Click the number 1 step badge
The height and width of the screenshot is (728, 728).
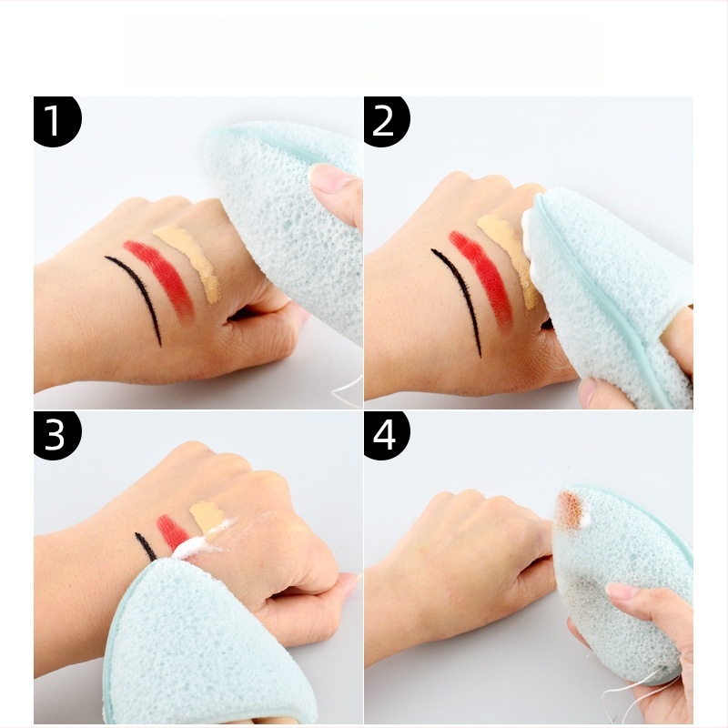pos(56,121)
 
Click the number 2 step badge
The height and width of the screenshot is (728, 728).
pos(385,121)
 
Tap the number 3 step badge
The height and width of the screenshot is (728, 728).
pos(56,435)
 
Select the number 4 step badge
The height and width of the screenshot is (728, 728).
pos(385,435)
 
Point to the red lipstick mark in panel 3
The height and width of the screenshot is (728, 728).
pos(172,531)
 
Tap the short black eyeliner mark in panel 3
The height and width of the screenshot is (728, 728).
pos(146,547)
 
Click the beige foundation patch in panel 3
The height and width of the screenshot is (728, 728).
pos(207,516)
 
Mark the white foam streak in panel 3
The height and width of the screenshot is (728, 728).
pos(204,541)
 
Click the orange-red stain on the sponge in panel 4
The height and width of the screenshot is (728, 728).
pos(570,510)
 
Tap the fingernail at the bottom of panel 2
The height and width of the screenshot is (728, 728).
pos(587,391)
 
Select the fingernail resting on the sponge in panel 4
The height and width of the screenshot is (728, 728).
pos(622,591)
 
